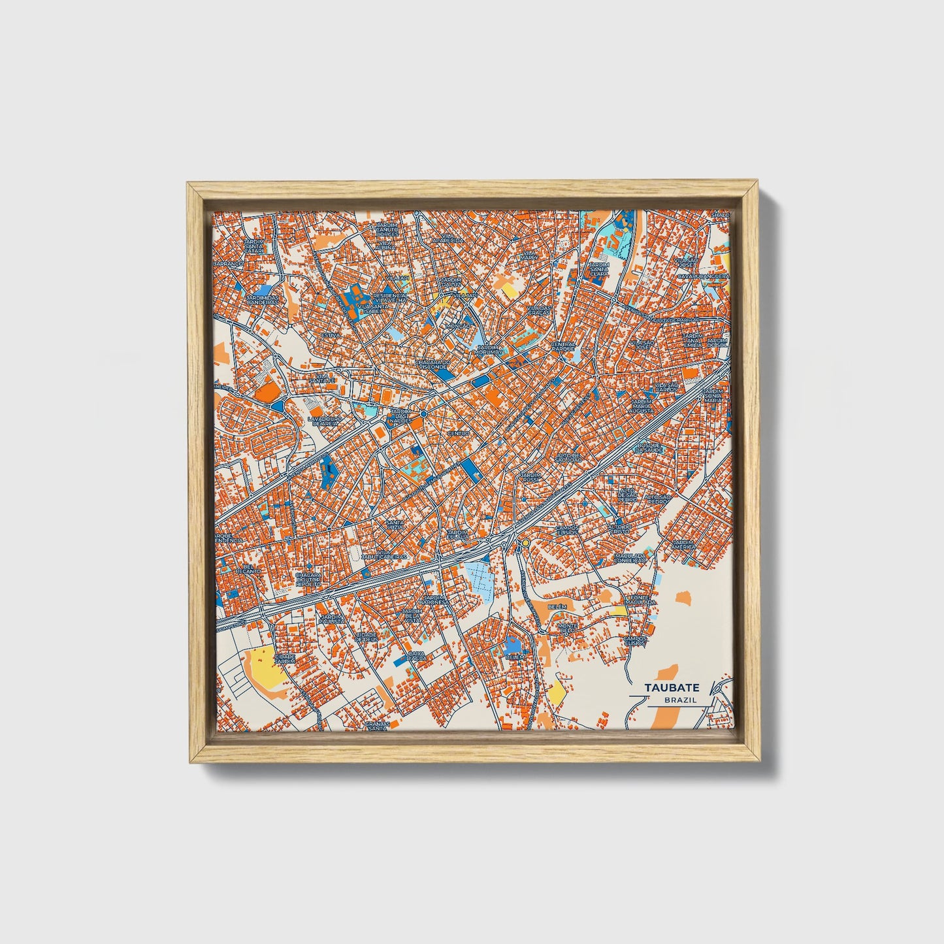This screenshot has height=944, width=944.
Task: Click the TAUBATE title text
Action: [672, 688]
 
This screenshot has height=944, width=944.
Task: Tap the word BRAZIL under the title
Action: [679, 700]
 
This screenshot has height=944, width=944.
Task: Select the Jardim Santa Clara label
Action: [598, 268]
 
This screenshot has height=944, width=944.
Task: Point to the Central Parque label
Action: [563, 346]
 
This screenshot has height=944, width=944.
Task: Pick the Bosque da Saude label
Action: [649, 448]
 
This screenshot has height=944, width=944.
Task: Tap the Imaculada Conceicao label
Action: [630, 559]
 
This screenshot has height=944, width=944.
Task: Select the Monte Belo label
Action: [567, 628]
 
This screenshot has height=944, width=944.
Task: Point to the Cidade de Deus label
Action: [366, 637]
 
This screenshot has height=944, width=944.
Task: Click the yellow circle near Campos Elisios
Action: [525, 543]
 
